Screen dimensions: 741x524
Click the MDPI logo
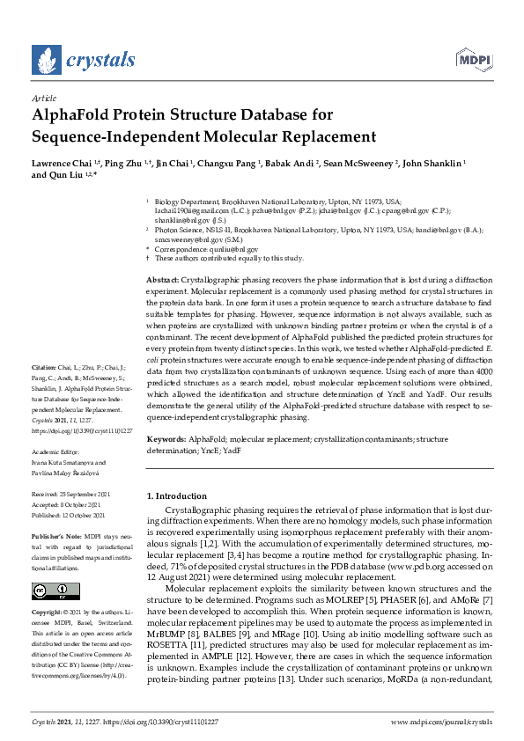pos(472,60)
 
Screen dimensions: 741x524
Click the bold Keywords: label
pos(166,437)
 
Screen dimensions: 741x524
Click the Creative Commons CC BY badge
pos(55,591)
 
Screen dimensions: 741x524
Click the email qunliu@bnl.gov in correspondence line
pos(214,249)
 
